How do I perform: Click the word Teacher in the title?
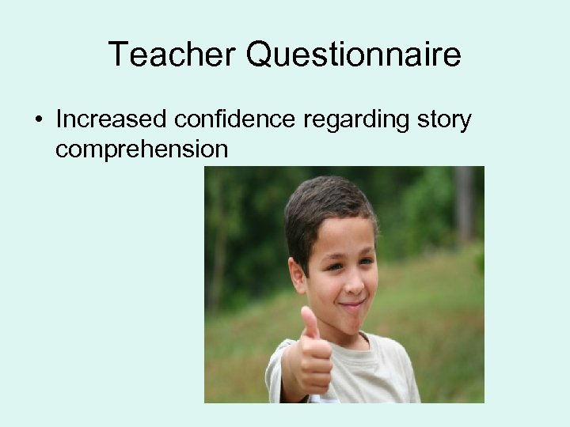click(x=171, y=55)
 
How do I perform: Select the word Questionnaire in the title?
click(x=353, y=55)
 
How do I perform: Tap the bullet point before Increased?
click(x=38, y=120)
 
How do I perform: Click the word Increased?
click(x=110, y=120)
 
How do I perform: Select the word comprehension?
click(x=141, y=149)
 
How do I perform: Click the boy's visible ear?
click(x=297, y=274)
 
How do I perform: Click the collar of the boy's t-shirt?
click(x=372, y=348)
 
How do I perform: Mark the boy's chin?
click(x=352, y=323)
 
